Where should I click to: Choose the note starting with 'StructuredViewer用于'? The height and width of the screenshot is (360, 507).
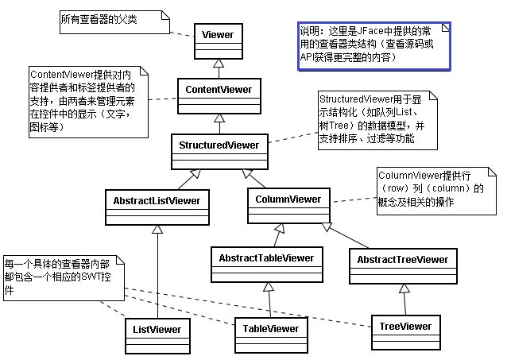point(370,119)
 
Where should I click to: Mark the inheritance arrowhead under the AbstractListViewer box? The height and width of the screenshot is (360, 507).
point(157,230)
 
